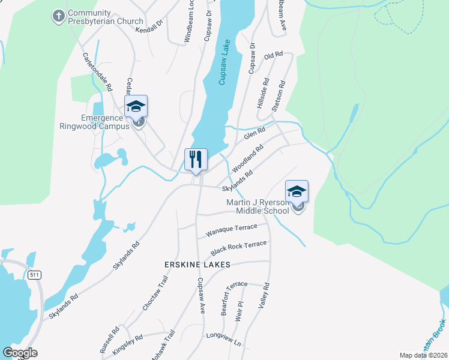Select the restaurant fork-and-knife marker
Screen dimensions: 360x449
click(x=196, y=160)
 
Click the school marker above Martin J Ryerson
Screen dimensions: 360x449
click(x=297, y=192)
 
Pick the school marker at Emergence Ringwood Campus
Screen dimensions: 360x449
click(x=136, y=107)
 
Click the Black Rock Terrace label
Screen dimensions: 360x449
click(x=238, y=248)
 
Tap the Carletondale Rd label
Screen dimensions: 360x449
click(x=97, y=71)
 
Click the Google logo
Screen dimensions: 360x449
click(x=20, y=353)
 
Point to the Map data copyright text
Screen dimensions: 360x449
click(x=423, y=355)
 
